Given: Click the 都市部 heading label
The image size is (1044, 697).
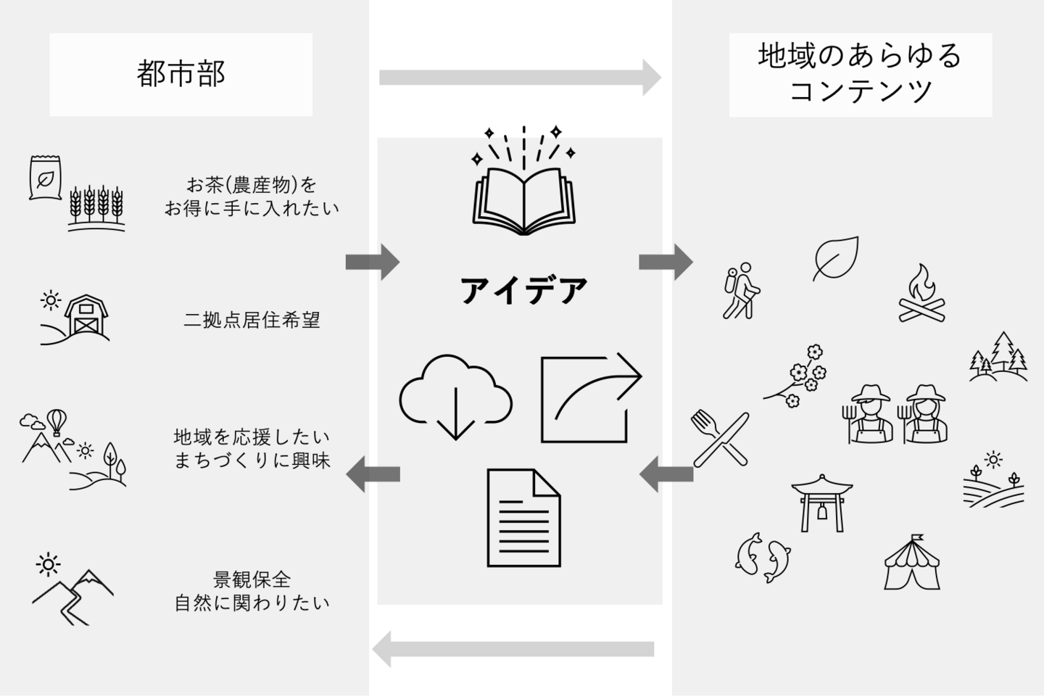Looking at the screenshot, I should pos(181,74).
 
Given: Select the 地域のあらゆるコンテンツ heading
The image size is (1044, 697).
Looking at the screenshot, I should pos(860,74).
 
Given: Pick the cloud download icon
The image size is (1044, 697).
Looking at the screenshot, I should pos(455,395).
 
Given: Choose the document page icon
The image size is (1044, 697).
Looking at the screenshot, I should pos(523,517).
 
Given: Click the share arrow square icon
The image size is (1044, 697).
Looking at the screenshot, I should pos(589,397).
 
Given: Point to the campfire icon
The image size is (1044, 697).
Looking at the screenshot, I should pos(922,293).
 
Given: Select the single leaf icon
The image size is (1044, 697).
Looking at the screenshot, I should pos(836,257).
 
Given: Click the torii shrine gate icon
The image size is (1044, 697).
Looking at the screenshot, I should pos(821,503).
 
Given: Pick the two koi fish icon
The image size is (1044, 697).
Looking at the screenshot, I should pos(762,557).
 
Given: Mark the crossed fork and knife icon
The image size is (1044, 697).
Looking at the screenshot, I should pos(720,438).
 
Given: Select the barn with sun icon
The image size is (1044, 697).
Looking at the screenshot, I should pos(76,317).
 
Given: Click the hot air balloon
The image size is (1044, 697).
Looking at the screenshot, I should pos(57,421).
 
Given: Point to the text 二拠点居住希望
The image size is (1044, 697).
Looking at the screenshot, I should pos(252,320).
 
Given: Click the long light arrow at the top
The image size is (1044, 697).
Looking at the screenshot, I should pos(519,78).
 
